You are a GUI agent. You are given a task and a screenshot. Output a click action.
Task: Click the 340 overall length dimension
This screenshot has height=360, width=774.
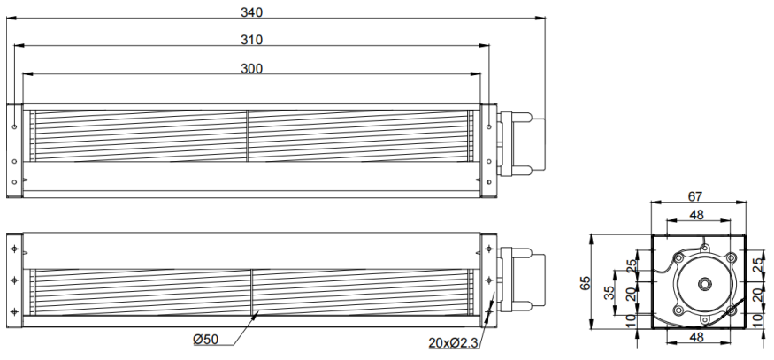252,11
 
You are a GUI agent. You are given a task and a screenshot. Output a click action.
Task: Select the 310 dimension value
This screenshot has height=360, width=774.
252,40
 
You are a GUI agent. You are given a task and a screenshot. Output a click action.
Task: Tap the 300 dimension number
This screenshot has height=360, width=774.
252,69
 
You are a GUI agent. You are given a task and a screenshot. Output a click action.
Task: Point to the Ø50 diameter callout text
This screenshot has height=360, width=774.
206,340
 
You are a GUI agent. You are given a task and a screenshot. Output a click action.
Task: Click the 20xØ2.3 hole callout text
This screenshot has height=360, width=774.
454,342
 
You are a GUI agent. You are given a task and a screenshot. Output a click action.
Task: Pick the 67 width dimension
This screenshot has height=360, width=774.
695,196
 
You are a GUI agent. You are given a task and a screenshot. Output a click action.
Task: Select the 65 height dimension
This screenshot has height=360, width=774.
586,283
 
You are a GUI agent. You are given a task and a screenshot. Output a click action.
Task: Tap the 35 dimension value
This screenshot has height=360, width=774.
609,293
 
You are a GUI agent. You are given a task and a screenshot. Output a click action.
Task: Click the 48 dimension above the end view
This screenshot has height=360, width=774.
696,215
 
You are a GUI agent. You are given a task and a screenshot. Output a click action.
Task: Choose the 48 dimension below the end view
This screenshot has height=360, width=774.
696,338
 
